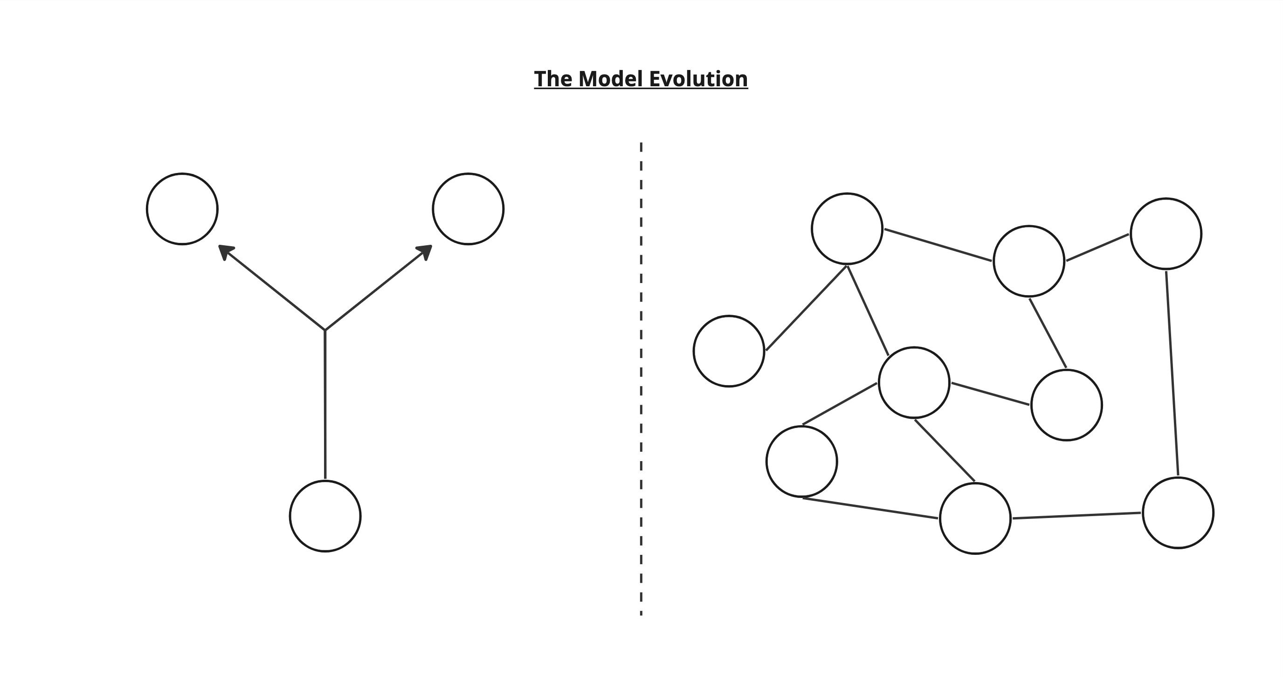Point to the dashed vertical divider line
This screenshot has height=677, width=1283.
tap(641, 379)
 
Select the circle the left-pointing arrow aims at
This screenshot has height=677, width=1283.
tap(182, 209)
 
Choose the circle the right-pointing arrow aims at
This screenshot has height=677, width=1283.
tap(468, 209)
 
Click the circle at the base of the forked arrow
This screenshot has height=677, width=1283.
tap(325, 516)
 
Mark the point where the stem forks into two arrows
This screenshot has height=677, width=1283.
tap(325, 330)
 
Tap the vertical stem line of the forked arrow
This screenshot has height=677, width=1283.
tap(325, 405)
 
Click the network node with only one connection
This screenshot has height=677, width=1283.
tap(729, 351)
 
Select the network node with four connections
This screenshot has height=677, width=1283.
tap(914, 383)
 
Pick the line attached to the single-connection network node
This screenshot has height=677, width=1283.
tap(807, 308)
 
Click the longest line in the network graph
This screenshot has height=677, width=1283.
tap(1173, 373)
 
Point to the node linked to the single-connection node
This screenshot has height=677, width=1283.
tap(847, 229)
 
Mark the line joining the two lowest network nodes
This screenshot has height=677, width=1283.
tap(1077, 516)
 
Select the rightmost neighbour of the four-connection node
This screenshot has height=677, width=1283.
tap(1067, 405)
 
